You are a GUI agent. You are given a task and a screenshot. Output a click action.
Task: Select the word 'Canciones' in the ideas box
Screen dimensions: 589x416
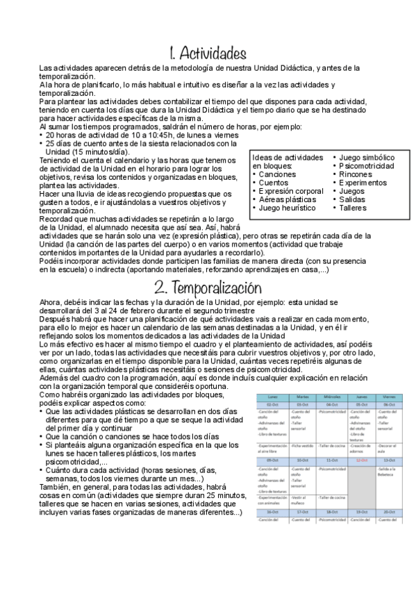click(278, 174)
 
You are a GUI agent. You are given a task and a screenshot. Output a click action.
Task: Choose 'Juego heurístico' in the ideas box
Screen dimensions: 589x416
click(286, 208)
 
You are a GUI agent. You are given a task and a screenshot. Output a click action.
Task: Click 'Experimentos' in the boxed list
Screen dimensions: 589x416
click(363, 183)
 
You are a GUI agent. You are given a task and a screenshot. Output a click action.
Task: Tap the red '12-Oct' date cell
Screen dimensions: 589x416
click(359, 459)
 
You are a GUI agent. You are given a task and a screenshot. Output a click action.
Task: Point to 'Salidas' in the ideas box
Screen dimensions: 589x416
click(355, 199)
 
